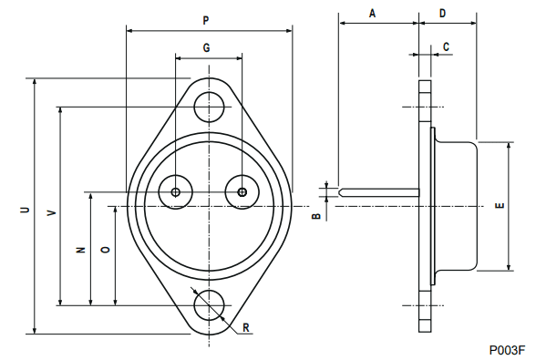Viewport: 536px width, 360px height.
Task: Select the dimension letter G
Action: (x=207, y=46)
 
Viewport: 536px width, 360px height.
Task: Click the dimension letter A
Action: (x=372, y=13)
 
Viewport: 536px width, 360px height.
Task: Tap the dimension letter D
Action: (x=443, y=13)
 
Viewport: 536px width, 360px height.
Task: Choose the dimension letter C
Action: (x=446, y=46)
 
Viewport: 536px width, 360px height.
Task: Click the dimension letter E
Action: (x=499, y=206)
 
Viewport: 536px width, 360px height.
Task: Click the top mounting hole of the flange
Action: (x=209, y=107)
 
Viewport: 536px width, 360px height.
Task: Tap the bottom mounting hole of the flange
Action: (x=209, y=304)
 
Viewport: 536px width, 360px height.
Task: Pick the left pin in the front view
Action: (x=175, y=191)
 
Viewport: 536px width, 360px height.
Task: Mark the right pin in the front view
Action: (x=242, y=191)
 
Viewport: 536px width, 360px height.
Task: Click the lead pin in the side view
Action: (x=377, y=191)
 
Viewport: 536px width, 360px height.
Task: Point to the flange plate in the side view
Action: (x=424, y=205)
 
